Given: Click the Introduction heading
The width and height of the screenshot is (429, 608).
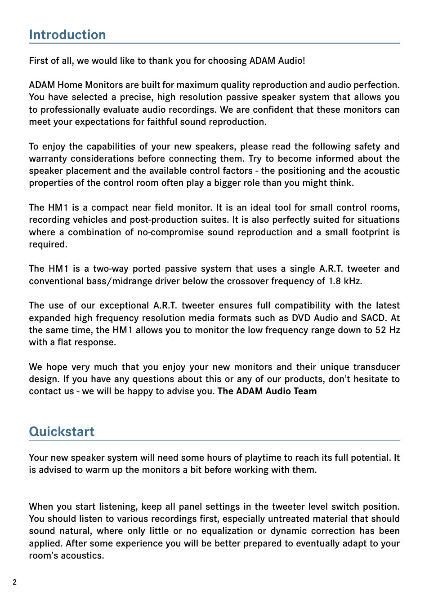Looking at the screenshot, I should pyautogui.click(x=67, y=35).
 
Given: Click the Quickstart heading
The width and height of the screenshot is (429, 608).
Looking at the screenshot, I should pyautogui.click(x=62, y=432).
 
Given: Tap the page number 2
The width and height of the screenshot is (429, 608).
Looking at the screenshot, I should pyautogui.click(x=14, y=582).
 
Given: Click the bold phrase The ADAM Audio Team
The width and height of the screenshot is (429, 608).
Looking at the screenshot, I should pyautogui.click(x=267, y=391).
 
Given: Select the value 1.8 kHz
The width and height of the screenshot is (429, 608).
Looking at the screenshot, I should pyautogui.click(x=344, y=281).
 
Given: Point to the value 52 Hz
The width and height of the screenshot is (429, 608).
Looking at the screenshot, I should pyautogui.click(x=387, y=330).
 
